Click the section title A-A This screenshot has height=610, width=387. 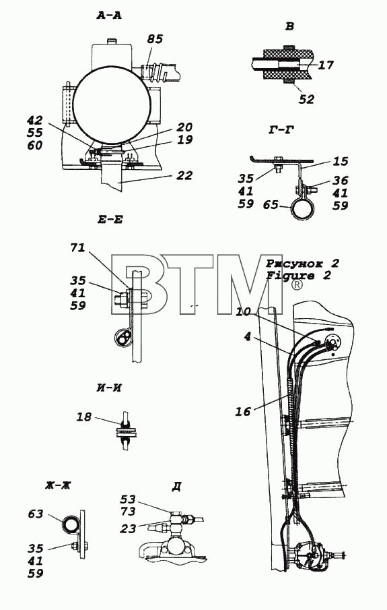[x=109, y=16]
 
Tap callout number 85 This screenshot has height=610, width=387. [x=154, y=39]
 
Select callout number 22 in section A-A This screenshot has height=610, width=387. [x=184, y=175]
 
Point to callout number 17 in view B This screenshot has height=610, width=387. [x=326, y=65]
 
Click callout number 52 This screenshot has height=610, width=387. [x=306, y=99]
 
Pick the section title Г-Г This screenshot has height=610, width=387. [x=280, y=130]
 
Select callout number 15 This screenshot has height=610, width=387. [x=341, y=161]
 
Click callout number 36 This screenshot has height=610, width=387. [x=341, y=181]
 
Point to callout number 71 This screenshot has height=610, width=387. [x=77, y=247]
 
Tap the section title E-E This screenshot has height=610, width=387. [x=110, y=220]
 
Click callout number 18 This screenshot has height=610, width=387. [x=83, y=417]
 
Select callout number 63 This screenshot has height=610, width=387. [x=35, y=514]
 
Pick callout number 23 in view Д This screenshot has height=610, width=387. [x=128, y=529]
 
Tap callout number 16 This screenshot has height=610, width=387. [x=243, y=411]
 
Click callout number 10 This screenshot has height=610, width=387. [x=243, y=311]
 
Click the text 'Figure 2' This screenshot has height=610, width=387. [x=298, y=276]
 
